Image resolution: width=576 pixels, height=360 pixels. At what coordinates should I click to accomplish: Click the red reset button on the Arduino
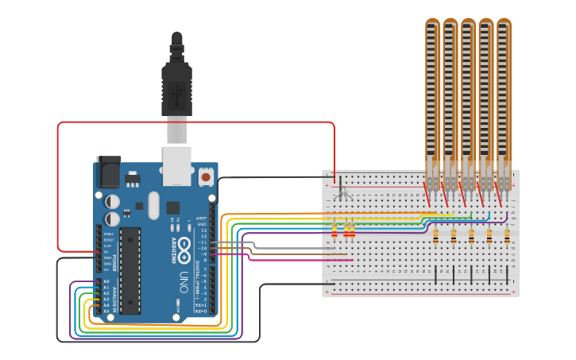click(x=206, y=176)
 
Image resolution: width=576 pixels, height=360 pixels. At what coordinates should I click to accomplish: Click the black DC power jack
click(x=108, y=172)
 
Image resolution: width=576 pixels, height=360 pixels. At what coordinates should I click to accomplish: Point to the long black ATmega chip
click(x=130, y=270)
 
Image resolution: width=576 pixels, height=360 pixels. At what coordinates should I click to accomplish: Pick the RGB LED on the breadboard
click(x=342, y=191)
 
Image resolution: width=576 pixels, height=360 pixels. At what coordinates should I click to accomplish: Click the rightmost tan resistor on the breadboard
click(x=507, y=235)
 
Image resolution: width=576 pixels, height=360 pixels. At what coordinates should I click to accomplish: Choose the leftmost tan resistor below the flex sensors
click(x=435, y=235)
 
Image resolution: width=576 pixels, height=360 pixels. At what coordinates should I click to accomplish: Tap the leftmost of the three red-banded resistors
click(x=334, y=231)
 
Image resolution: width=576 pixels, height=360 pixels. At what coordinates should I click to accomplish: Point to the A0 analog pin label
click(x=106, y=281)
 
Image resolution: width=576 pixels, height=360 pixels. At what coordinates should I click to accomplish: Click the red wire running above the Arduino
click(x=199, y=122)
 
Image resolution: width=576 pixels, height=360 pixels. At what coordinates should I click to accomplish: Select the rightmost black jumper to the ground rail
click(x=507, y=275)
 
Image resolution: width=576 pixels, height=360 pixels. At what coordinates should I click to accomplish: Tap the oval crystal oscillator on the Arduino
click(x=153, y=205)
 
